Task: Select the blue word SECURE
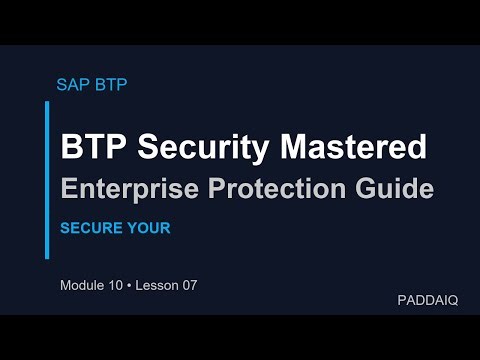[90, 228]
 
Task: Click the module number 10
[119, 285]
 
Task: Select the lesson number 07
[189, 285]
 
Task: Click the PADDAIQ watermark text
[427, 300]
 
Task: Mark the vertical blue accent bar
[47, 180]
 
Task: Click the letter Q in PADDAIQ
[452, 300]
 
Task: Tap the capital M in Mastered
[286, 147]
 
